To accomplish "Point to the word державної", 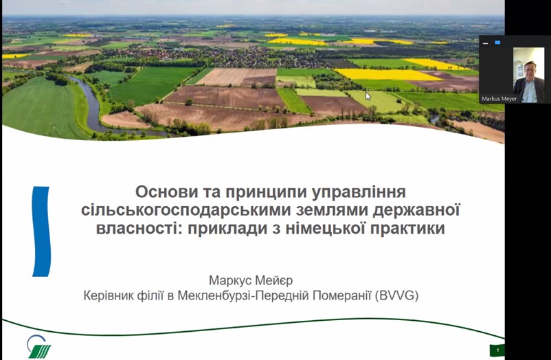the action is [x=416, y=210].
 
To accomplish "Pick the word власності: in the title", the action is [x=139, y=229].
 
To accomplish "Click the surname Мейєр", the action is [x=273, y=280].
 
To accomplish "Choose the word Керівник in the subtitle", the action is [x=109, y=295].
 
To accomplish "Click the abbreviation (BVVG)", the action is [x=396, y=295].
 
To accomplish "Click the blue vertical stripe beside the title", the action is [x=41, y=232].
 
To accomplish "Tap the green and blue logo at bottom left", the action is [x=38, y=346].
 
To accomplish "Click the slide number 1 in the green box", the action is [x=497, y=350].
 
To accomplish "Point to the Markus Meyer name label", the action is [x=499, y=99].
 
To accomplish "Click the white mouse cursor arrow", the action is [x=368, y=96].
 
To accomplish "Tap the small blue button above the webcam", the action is [x=497, y=43].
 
